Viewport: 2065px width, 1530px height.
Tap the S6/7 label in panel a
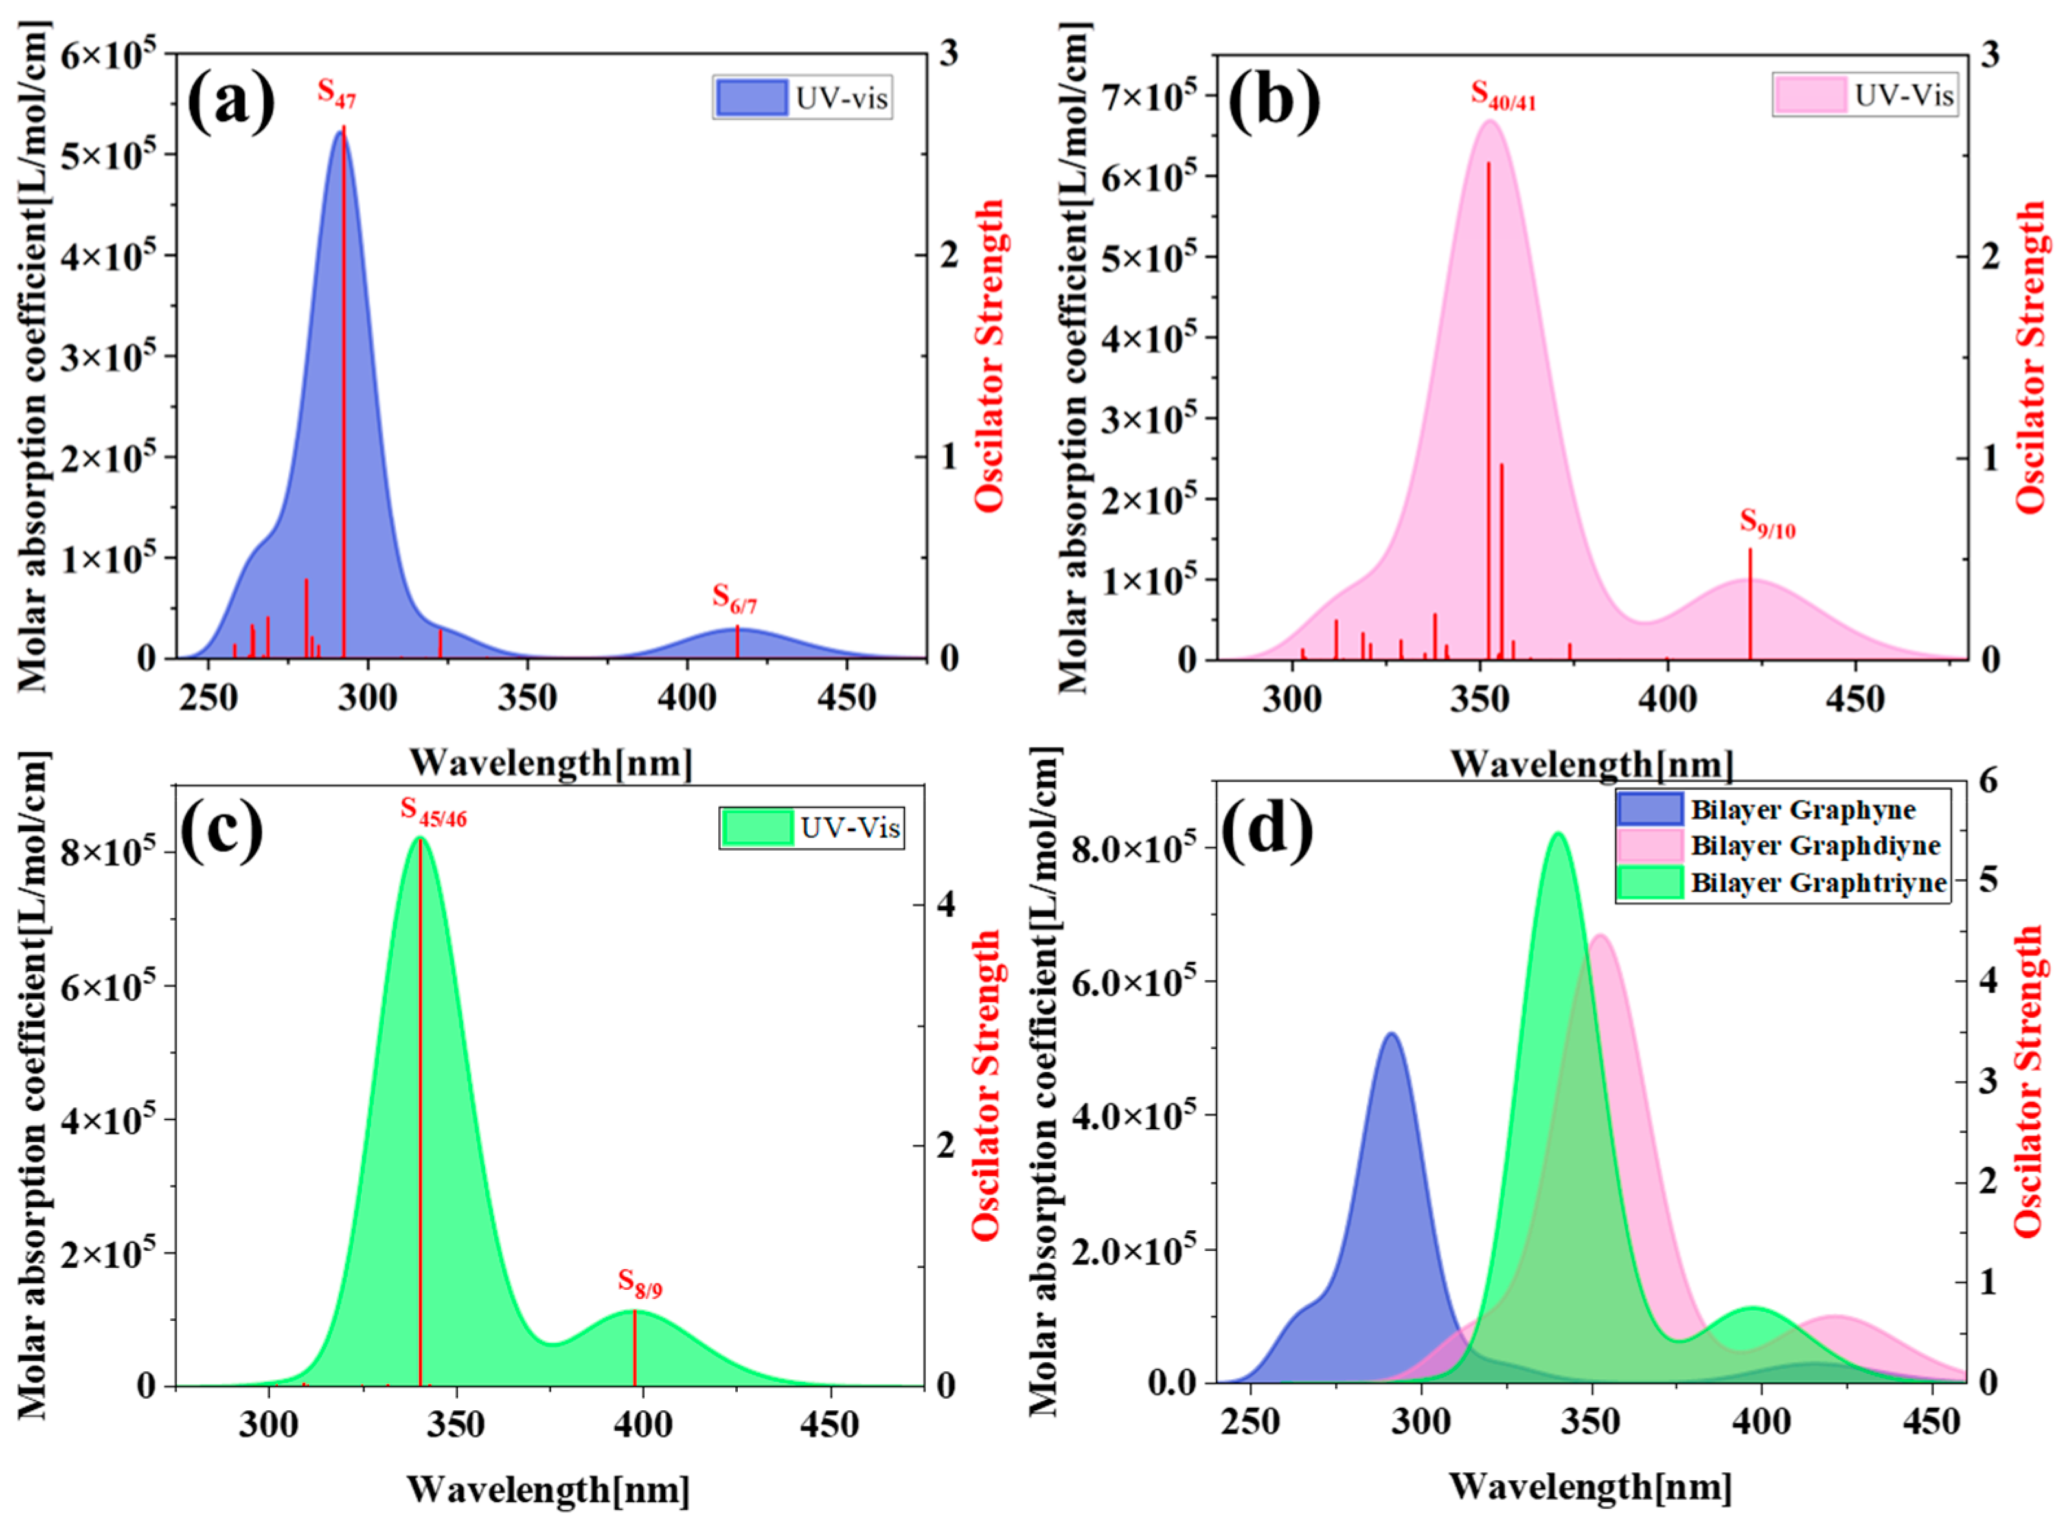tap(734, 599)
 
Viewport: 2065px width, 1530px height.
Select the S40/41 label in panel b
tap(1503, 95)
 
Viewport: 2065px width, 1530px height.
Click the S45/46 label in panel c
tap(433, 811)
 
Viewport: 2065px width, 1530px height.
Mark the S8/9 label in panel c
tap(640, 1284)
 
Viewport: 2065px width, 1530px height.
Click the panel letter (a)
tap(231, 101)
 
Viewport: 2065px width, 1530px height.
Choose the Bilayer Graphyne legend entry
tap(1802, 809)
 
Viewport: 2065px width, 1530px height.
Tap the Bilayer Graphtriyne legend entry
tap(1818, 883)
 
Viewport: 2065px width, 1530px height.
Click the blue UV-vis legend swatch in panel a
tap(750, 97)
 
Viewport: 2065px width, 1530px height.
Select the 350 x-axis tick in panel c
tap(456, 1424)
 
